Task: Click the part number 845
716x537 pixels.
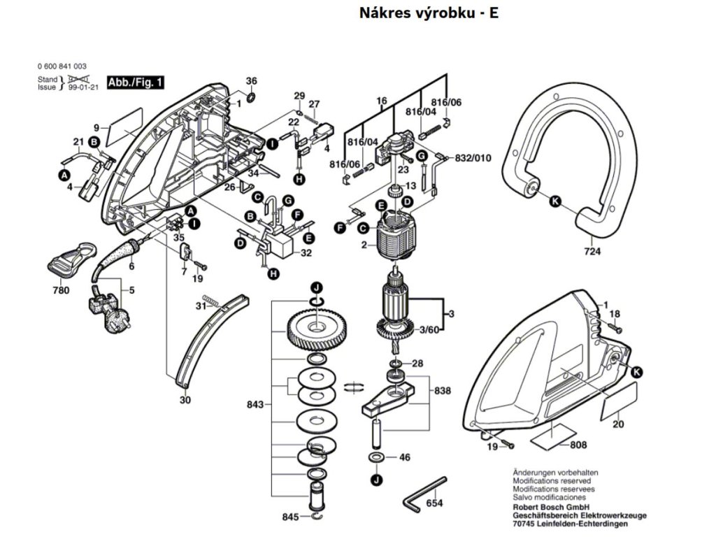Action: point(290,517)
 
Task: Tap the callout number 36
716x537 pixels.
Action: point(252,80)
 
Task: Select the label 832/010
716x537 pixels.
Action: point(473,158)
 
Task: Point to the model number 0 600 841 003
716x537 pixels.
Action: point(62,66)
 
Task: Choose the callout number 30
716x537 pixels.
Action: point(185,401)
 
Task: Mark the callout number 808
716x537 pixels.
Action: point(578,445)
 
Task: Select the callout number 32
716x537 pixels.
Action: point(306,253)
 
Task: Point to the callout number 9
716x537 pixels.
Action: point(96,127)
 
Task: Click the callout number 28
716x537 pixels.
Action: point(417,364)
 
